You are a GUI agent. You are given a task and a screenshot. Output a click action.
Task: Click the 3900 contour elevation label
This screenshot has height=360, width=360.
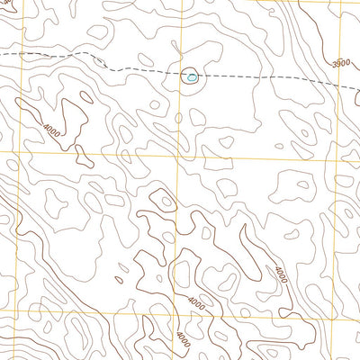click(x=340, y=64)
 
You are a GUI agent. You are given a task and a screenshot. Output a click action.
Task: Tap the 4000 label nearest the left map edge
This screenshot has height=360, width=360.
click(x=52, y=131)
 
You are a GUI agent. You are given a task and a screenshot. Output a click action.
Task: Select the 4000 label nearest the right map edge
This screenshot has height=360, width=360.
click(x=282, y=274)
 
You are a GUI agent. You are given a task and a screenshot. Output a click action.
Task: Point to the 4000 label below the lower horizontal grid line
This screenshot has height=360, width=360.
click(x=184, y=338)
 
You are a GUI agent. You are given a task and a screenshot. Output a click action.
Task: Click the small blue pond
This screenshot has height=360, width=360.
click(x=190, y=78)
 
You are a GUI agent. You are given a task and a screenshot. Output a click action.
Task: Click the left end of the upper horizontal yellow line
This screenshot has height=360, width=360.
click(x=0, y=155)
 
